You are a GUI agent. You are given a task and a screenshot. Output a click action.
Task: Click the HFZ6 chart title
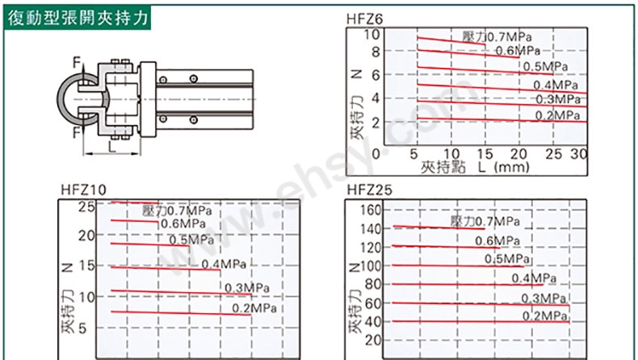click(x=364, y=19)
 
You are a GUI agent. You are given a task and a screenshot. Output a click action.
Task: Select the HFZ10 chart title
click(x=83, y=190)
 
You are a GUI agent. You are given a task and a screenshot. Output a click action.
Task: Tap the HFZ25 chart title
click(x=369, y=190)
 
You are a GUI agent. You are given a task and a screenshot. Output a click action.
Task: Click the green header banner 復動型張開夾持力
click(x=78, y=18)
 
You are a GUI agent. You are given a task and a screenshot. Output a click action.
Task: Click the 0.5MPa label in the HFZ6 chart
click(x=545, y=66)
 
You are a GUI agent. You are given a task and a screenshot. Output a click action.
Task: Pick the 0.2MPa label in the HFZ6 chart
click(x=557, y=115)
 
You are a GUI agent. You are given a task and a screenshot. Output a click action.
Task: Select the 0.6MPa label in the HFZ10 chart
click(x=183, y=224)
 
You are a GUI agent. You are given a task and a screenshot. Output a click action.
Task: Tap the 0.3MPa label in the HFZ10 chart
click(x=247, y=287)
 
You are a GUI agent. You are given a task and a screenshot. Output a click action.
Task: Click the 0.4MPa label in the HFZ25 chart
click(x=534, y=278)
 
